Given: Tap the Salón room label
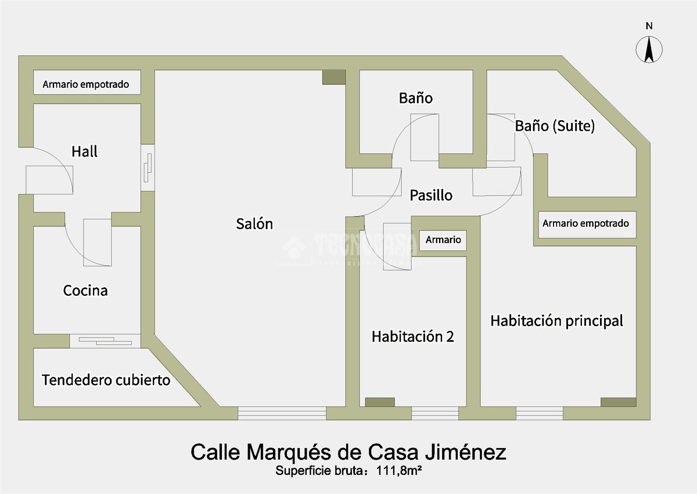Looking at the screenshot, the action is (x=254, y=224).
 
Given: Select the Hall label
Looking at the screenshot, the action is (x=85, y=152).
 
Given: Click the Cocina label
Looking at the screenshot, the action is (x=85, y=290).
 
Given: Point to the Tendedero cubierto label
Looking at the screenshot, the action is (x=106, y=380).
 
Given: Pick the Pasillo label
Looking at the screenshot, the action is (x=430, y=195).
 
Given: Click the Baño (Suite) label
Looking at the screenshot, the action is (x=555, y=126).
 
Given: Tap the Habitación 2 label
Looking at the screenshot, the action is (x=412, y=337).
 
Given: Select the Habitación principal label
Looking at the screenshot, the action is (x=556, y=321).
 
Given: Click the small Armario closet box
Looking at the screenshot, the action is (x=443, y=239).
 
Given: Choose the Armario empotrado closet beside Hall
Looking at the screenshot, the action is (x=85, y=84).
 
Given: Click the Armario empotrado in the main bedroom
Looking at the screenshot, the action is (x=585, y=223).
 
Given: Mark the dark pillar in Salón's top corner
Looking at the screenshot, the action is (x=334, y=77).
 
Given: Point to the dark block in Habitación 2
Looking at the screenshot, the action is (x=379, y=402).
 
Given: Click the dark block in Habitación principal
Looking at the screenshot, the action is (x=618, y=402).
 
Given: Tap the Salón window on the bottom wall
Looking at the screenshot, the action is (x=282, y=413).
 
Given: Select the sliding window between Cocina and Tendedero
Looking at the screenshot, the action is (x=105, y=341).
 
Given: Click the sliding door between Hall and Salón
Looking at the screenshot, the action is (x=148, y=168).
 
